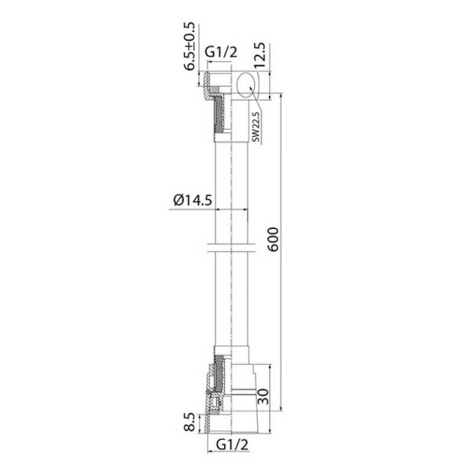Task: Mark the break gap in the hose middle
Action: pos(231,249)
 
